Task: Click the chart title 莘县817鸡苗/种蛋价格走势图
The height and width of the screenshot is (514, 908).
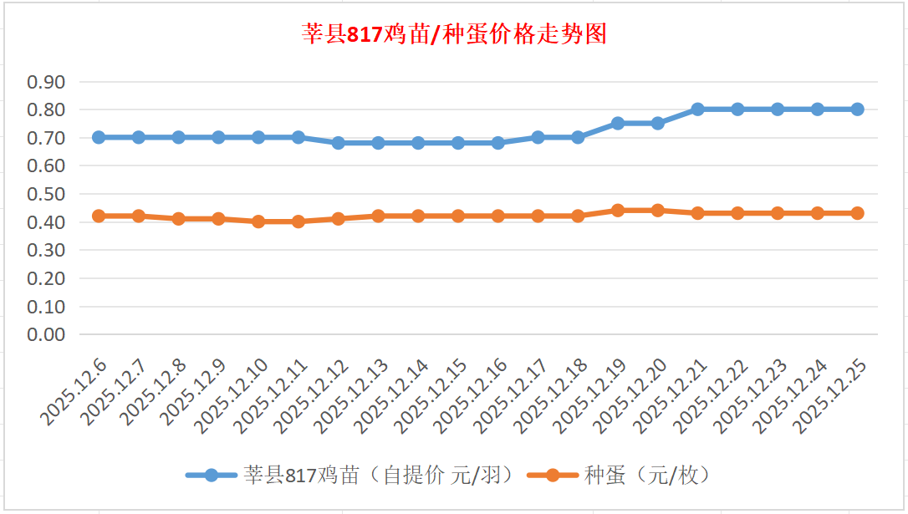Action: pos(454,35)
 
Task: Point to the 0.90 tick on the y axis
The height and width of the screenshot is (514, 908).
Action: pos(47,82)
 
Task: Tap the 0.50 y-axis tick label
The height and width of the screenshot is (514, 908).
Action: pos(47,194)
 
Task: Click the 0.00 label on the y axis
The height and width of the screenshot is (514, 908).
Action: pos(47,334)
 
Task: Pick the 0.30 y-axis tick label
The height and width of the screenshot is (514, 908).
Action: pos(47,250)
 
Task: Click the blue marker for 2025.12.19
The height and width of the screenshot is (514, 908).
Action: pos(618,123)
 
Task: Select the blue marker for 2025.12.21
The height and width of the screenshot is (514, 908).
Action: pos(697,109)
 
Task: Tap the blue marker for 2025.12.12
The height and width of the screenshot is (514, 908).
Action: pos(339,143)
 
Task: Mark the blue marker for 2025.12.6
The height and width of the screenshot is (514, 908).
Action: pos(99,137)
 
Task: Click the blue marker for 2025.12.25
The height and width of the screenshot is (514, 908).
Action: pos(857,109)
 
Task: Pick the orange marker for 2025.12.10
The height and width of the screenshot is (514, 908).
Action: pos(258,221)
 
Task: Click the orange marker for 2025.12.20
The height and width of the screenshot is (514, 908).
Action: pos(658,211)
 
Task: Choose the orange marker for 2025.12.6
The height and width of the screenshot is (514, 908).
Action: pos(99,216)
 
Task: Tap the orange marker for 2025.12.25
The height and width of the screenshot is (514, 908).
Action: pos(857,213)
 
